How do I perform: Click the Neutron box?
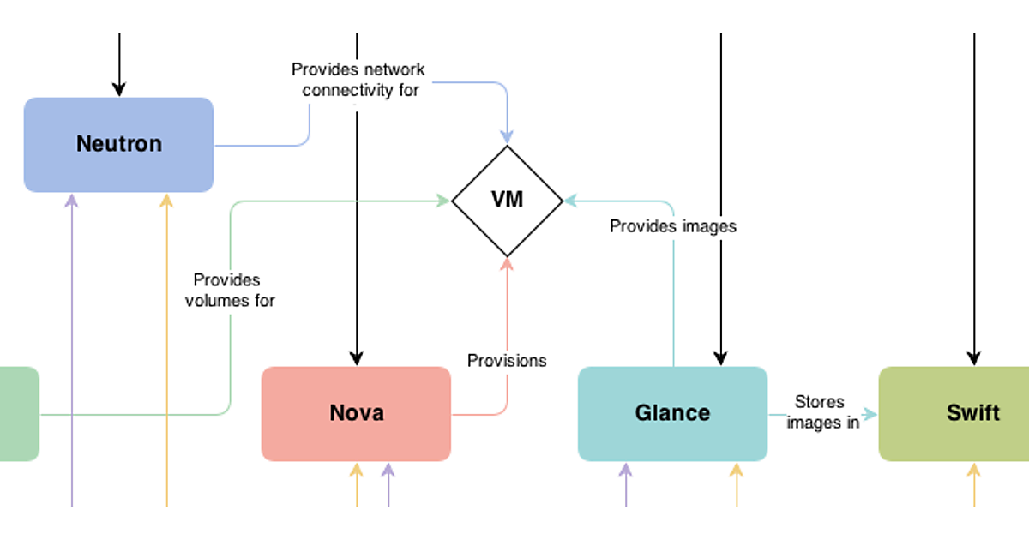(118, 144)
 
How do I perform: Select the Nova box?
(356, 413)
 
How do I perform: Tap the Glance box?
(672, 413)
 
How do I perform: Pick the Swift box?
(954, 413)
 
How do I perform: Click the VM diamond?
(507, 201)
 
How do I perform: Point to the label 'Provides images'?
(673, 226)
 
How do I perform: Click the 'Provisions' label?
(507, 360)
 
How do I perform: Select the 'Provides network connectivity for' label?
(358, 79)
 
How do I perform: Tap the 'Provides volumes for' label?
(229, 290)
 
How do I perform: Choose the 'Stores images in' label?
(821, 412)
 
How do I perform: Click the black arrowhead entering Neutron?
(119, 89)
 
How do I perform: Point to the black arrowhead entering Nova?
(357, 358)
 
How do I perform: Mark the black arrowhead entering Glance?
(721, 358)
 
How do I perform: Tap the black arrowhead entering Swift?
(974, 358)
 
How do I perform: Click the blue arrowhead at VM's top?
(507, 136)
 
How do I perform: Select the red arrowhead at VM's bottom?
(507, 264)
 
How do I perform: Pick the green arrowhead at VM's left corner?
(443, 201)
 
